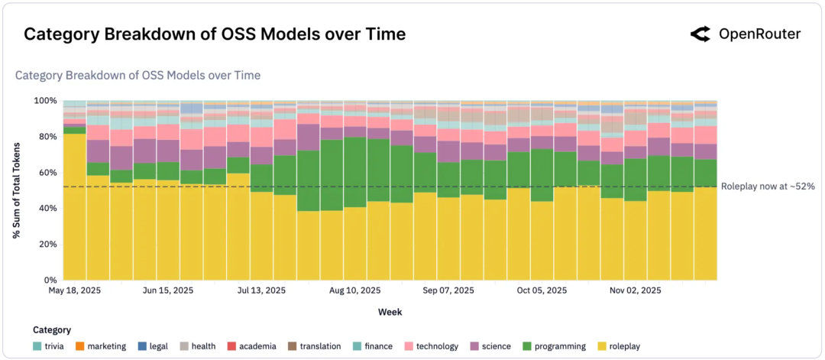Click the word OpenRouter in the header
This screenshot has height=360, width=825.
[759, 34]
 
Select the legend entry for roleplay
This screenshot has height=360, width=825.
[619, 346]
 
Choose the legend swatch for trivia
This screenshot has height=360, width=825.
[38, 346]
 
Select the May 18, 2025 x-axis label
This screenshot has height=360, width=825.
[75, 291]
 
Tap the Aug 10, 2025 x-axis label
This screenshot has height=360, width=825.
[354, 291]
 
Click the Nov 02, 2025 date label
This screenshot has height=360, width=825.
[636, 291]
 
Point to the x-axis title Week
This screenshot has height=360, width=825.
[390, 312]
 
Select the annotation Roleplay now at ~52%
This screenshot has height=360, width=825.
[767, 186]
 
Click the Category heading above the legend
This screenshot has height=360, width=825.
[52, 330]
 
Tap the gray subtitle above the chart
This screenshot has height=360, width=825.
[137, 75]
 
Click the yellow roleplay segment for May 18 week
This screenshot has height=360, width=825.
[74, 206]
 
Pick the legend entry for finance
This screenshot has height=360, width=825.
[374, 346]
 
